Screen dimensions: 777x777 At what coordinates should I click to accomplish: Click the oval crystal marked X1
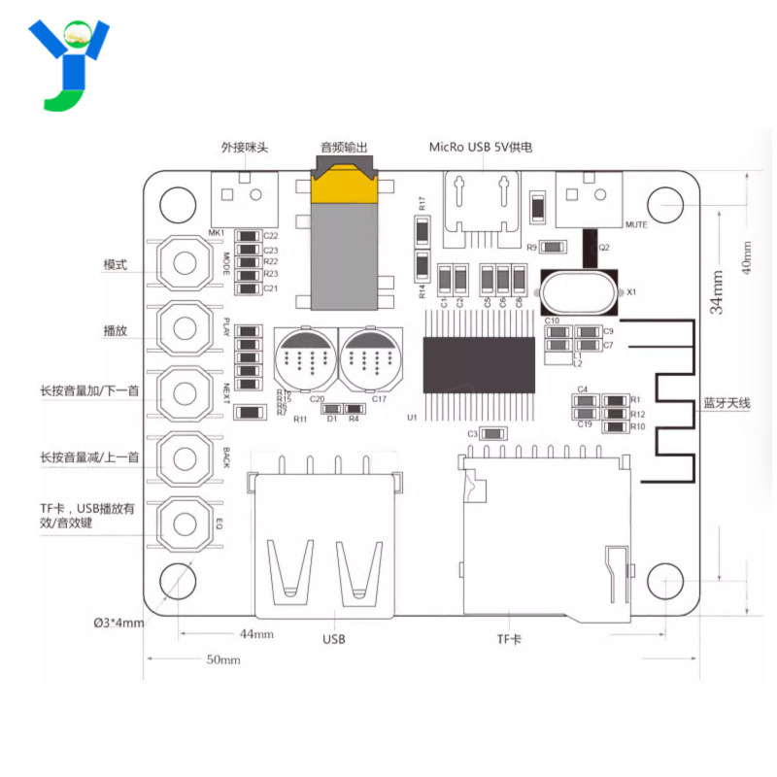point(579,290)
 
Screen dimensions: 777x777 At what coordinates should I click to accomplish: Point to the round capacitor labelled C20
point(305,359)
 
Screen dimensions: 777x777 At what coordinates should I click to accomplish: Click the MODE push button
point(185,262)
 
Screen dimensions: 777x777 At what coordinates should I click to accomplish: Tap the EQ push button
point(185,524)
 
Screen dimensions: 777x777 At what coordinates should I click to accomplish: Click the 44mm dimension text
point(256,634)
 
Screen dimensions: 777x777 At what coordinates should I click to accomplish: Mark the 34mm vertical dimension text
point(717,291)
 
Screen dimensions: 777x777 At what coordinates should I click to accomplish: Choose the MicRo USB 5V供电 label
point(482,148)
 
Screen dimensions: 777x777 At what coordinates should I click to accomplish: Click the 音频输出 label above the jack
point(344,148)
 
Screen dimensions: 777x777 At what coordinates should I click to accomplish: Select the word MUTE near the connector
point(637,225)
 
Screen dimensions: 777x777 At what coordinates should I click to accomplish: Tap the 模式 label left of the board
point(117,264)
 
